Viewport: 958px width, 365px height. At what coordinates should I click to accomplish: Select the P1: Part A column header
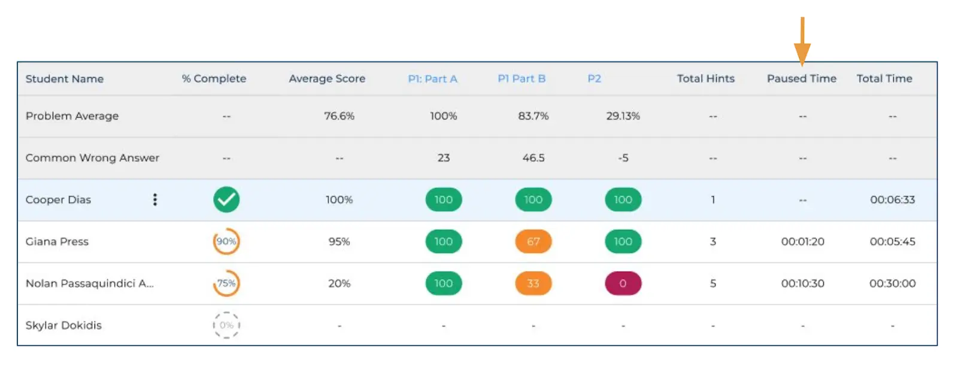[x=432, y=79]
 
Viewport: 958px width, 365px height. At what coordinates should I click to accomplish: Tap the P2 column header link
[x=594, y=79]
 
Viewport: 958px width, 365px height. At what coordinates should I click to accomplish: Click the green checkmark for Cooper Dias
[x=226, y=200]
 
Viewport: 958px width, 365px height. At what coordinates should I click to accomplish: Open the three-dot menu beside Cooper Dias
[x=155, y=200]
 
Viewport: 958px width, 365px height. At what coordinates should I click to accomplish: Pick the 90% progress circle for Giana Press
[x=226, y=242]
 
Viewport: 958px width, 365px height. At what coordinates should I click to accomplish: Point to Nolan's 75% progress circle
[x=226, y=284]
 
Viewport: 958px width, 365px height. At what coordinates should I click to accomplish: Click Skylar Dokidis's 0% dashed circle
[x=226, y=326]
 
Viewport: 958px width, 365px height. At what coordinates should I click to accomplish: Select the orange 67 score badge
[x=533, y=242]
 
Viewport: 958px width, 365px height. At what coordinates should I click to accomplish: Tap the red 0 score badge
[x=623, y=284]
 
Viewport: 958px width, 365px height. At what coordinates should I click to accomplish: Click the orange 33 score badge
[x=533, y=284]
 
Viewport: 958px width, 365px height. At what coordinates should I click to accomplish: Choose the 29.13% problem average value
[x=623, y=116]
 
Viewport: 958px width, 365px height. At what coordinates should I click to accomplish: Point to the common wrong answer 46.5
[x=533, y=158]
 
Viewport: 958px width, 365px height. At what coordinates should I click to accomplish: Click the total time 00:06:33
[x=892, y=200]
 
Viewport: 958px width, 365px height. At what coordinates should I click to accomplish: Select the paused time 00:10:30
[x=802, y=284]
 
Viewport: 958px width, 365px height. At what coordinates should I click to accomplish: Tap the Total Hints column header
[x=705, y=79]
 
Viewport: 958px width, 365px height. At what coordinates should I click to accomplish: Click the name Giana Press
[x=57, y=242]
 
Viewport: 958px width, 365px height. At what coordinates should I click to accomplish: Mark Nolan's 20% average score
[x=339, y=284]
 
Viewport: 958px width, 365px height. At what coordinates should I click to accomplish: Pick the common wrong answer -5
[x=623, y=158]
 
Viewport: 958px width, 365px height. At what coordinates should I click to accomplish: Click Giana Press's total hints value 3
[x=713, y=242]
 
